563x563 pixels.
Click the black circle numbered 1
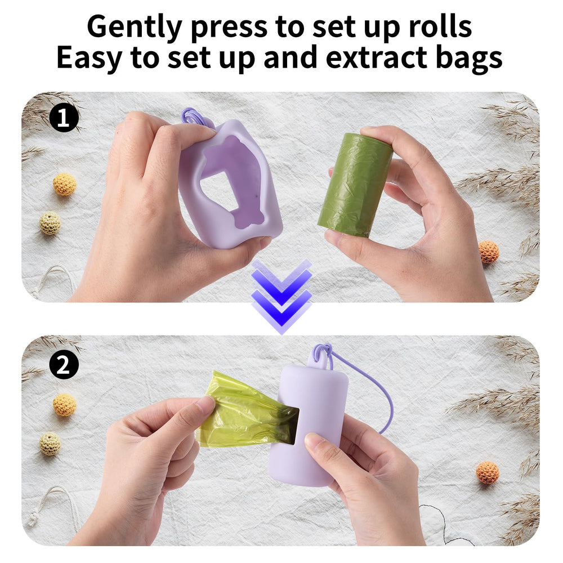pyautogui.click(x=64, y=118)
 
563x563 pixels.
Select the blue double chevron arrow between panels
pyautogui.click(x=281, y=296)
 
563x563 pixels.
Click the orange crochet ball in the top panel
pyautogui.click(x=489, y=252)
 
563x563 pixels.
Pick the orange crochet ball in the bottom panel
pyautogui.click(x=488, y=472)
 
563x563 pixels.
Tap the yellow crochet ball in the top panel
pyautogui.click(x=65, y=184)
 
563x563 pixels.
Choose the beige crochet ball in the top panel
pyautogui.click(x=50, y=223)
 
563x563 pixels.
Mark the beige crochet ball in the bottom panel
pyautogui.click(x=50, y=444)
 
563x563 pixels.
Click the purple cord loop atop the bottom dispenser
pyautogui.click(x=322, y=354)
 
